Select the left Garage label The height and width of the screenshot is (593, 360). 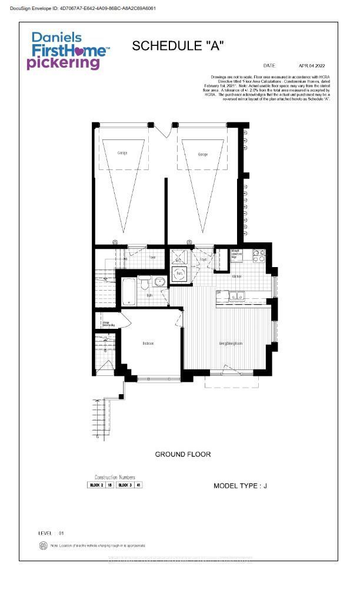(122, 154)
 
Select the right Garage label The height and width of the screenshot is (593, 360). (202, 154)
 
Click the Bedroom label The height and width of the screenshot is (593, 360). (148, 344)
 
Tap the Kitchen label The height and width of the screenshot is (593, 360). (237, 276)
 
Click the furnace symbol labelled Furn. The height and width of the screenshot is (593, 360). (180, 274)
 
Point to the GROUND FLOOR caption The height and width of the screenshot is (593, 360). (182, 454)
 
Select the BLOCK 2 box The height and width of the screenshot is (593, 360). (96, 485)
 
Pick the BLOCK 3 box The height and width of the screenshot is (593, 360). (124, 485)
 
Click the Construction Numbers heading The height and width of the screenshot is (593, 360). (115, 477)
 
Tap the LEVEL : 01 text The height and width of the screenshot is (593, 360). (51, 533)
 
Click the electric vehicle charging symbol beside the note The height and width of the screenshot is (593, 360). (42, 546)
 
